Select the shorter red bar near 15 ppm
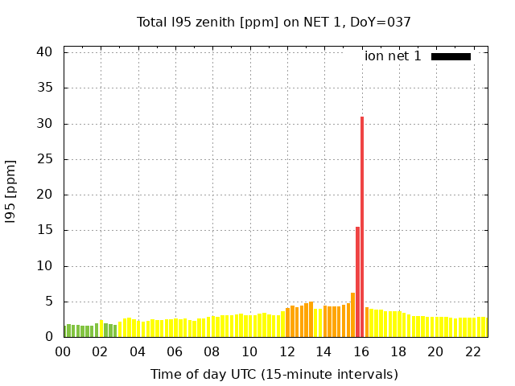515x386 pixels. click(x=357, y=281)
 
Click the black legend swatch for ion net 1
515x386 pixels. click(x=451, y=56)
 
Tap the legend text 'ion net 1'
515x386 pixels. click(x=393, y=56)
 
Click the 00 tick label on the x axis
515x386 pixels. click(x=64, y=352)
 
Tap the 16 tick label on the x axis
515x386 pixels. click(x=361, y=352)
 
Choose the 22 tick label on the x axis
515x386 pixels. click(x=472, y=352)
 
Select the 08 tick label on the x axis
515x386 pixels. click(x=212, y=352)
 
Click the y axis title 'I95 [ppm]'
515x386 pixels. click(x=11, y=194)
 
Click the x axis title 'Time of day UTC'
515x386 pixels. click(x=211, y=375)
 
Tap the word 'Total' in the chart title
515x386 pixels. click(x=153, y=23)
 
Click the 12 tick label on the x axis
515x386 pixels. click(x=286, y=352)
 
